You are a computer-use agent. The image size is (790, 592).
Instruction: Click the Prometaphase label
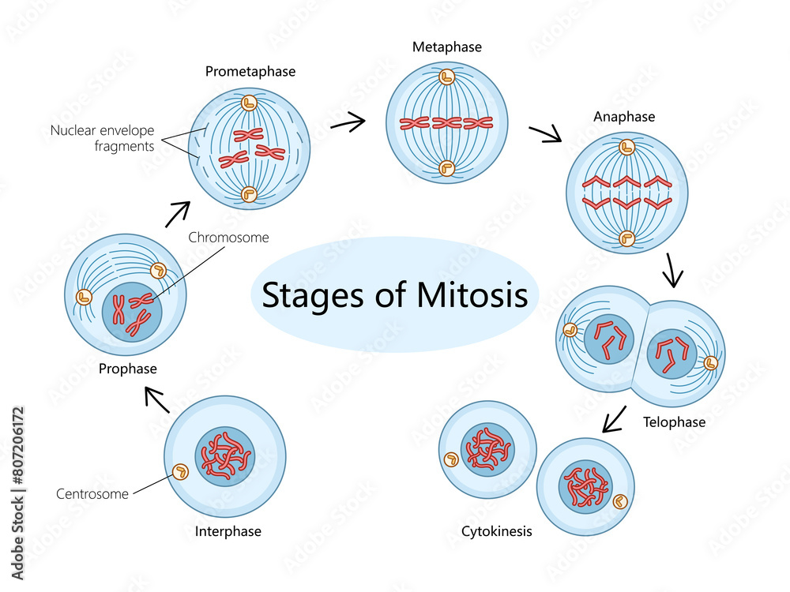pos(250,72)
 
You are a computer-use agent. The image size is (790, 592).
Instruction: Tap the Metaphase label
pos(446,47)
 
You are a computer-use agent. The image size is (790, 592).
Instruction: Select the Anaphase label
pos(624,117)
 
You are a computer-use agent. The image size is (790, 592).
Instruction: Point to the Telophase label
pos(674,422)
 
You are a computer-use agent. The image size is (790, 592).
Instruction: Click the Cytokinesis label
pos(497,531)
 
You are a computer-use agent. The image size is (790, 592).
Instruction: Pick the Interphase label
pos(228,531)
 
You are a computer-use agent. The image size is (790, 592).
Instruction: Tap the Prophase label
pos(127,369)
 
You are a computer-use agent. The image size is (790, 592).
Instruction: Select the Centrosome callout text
pos(93,495)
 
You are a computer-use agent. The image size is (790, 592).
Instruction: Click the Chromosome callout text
pos(228,237)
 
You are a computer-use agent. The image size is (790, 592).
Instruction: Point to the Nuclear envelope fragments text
pos(102,137)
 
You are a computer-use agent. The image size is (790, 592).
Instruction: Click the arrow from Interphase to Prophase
pos(158,400)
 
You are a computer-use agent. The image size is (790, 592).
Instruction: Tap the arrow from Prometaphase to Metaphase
pos(348,122)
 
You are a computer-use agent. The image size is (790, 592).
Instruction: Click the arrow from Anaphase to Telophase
pos(673,271)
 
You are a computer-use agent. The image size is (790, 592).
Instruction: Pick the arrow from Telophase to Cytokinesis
pos(615,419)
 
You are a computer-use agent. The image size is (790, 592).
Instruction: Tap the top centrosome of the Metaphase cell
pos(446,77)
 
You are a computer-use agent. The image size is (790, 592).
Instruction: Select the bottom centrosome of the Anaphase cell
pos(627,237)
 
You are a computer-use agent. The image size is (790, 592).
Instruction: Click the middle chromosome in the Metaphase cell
pos(446,122)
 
